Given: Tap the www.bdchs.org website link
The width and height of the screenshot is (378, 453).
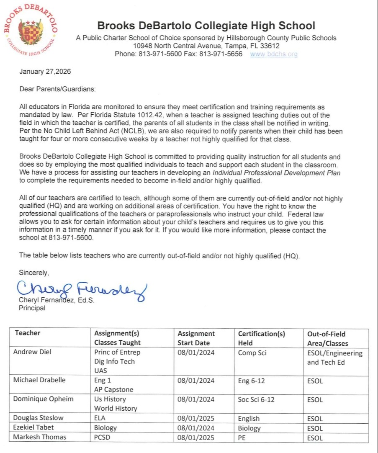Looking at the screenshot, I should [x=274, y=54].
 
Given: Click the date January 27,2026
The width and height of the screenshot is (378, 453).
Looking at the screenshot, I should [x=45, y=71].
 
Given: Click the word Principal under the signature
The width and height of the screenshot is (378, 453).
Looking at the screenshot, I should [x=32, y=308].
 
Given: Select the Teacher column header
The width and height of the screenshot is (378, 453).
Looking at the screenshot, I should [x=28, y=333].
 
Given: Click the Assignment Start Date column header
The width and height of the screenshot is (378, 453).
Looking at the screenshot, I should [x=196, y=338].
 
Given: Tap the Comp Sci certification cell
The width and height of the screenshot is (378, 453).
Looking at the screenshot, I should [x=252, y=353].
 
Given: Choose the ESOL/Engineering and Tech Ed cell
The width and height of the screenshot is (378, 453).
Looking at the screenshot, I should [x=334, y=358].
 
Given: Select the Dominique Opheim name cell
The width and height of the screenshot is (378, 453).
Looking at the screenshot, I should [x=43, y=399].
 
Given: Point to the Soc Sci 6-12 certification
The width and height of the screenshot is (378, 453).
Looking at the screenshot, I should [x=256, y=399].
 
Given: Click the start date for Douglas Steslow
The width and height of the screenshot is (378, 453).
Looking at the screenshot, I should [x=196, y=418].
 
